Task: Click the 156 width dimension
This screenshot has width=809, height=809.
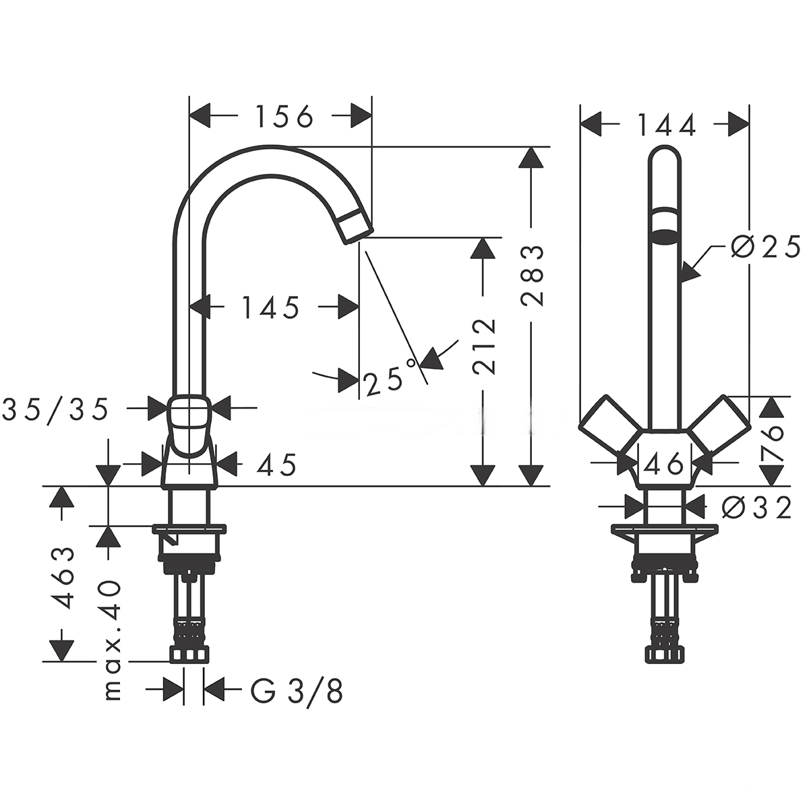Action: click(284, 117)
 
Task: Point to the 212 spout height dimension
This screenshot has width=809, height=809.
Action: click(483, 347)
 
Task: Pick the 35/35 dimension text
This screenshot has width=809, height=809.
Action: click(55, 409)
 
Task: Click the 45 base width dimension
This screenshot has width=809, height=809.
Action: click(276, 465)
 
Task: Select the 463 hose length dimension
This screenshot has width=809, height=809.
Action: click(63, 578)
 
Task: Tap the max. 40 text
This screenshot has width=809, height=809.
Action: click(112, 639)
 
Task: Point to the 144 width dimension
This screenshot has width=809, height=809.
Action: click(665, 125)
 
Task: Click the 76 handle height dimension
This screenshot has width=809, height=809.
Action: click(773, 442)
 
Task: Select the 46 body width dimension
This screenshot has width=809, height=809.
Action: click(665, 464)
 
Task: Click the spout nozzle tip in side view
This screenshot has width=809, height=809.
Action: click(356, 226)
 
